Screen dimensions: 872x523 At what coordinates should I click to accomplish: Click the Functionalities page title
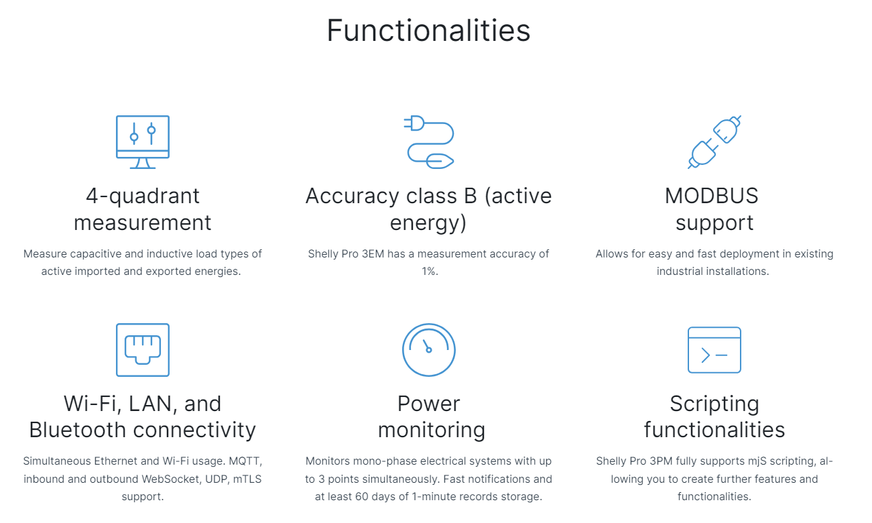tap(428, 30)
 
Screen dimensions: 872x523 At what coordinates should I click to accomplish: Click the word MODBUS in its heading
tap(711, 196)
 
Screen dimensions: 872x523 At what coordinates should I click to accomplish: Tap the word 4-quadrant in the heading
tap(143, 196)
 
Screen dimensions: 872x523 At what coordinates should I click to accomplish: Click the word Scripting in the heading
tap(714, 404)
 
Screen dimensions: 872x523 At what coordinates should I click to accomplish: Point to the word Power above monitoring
tap(428, 404)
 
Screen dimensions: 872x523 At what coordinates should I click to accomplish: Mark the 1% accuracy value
tap(430, 271)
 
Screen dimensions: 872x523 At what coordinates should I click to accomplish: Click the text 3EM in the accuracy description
tap(373, 254)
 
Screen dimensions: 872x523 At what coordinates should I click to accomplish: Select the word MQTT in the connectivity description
tap(245, 461)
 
